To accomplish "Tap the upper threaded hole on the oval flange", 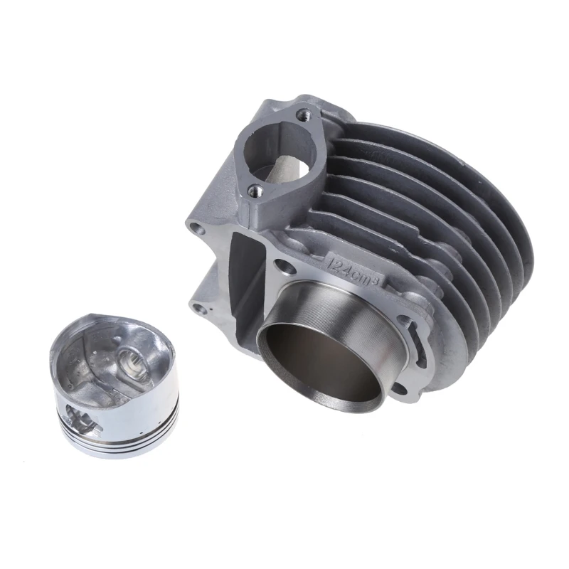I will (x=304, y=114).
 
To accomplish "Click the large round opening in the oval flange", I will (x=278, y=149).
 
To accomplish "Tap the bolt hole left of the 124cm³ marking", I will (x=287, y=267).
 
